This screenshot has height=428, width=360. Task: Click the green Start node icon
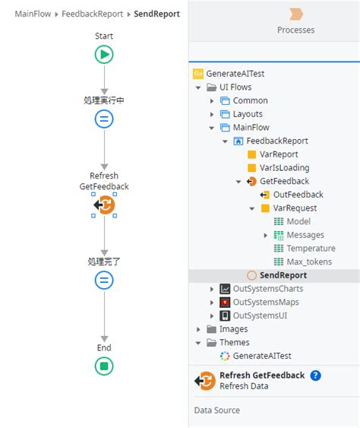[104, 54]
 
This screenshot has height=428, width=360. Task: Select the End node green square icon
[104, 366]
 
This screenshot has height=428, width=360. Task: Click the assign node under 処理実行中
[104, 119]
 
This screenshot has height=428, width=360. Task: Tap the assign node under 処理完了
[104, 280]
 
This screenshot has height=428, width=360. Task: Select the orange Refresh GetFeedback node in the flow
[104, 204]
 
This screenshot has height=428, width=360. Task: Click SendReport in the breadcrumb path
[156, 14]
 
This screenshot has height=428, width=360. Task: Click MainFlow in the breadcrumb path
[33, 14]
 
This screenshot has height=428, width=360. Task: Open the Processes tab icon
[296, 14]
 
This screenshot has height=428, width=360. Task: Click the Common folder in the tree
[250, 100]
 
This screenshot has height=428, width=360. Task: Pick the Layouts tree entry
[248, 114]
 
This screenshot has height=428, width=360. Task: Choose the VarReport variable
[279, 154]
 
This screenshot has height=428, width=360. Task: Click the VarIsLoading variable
[284, 168]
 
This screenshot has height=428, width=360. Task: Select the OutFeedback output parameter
[298, 195]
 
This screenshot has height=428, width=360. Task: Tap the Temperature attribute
[311, 249]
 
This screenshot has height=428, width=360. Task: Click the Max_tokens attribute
[308, 262]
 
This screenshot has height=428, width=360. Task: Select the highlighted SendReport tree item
[283, 275]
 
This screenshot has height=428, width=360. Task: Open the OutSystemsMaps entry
[266, 302]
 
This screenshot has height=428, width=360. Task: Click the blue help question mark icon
[316, 376]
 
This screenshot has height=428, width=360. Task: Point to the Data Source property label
[217, 411]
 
